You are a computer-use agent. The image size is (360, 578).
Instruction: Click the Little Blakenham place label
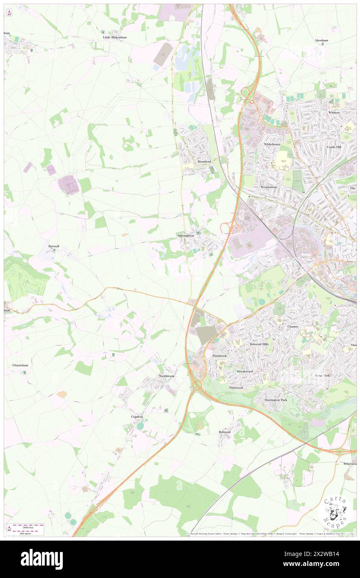click(115, 37)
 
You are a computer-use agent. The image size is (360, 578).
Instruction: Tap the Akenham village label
click(321, 40)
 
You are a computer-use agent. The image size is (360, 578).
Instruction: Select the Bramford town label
click(204, 161)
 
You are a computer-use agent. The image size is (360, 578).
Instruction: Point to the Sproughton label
click(186, 236)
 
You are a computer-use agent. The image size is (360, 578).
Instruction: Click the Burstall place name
click(53, 246)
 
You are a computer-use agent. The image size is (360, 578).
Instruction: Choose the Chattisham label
click(20, 365)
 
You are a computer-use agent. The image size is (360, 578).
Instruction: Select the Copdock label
click(137, 416)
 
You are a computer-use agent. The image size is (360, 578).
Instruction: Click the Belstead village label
click(224, 432)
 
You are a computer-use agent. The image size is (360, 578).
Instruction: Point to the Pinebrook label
click(219, 356)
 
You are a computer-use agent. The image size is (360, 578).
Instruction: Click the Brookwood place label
click(244, 371)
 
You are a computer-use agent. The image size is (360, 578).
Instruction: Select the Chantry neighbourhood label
click(293, 326)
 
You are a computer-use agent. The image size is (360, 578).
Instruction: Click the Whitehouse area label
click(272, 144)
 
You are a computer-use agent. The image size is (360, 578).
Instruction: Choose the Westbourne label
click(269, 187)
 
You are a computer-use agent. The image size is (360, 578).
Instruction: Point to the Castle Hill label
click(333, 147)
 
